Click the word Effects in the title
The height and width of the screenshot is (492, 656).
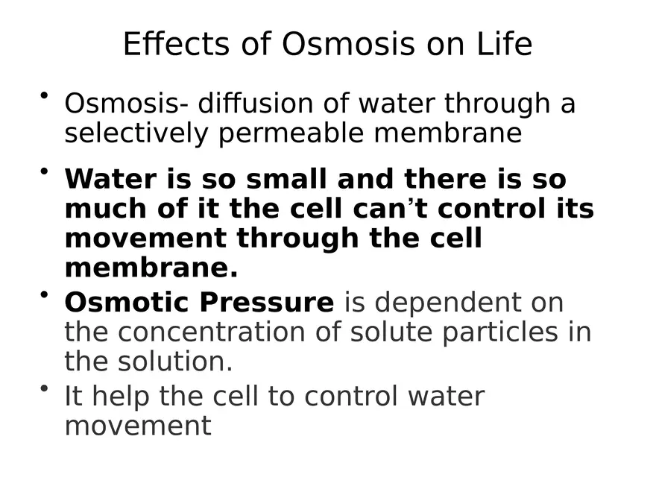pos(176,43)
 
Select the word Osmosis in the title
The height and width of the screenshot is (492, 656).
pos(348,43)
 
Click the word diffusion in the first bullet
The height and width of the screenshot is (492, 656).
pos(255,103)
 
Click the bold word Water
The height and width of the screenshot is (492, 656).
pos(111,179)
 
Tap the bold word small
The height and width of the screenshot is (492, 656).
pos(286,179)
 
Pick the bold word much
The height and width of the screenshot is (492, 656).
pos(106,208)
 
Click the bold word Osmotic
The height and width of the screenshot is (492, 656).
pos(127,302)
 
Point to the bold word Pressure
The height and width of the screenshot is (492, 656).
pos(267,302)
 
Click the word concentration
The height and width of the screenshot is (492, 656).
pos(211,332)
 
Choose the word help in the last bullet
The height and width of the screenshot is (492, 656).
pos(121,396)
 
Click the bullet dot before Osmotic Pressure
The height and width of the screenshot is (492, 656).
pos(44,295)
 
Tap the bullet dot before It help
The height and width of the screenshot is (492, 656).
pos(44,388)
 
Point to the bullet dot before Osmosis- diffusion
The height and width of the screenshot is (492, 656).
pos(44,96)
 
